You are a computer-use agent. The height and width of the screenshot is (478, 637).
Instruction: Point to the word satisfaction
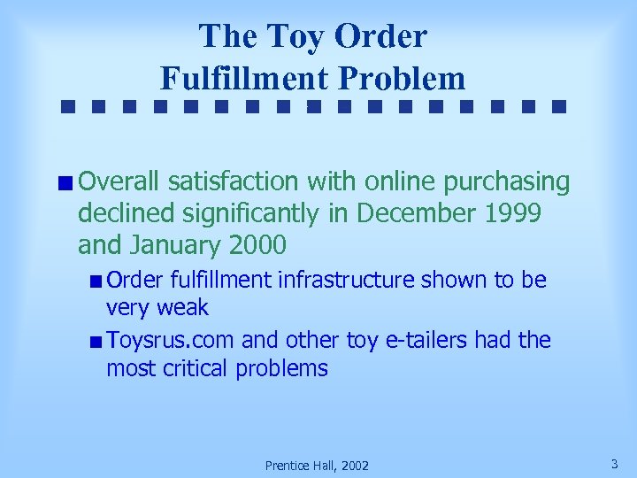tap(234, 182)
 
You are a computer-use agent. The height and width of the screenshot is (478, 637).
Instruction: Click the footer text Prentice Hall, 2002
tap(318, 466)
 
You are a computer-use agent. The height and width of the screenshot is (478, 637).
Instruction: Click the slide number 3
tap(614, 463)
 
